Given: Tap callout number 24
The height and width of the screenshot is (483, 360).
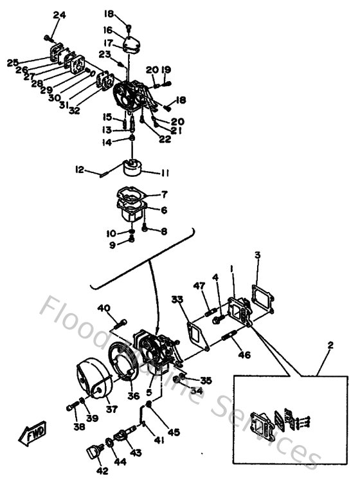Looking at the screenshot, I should tap(60, 15).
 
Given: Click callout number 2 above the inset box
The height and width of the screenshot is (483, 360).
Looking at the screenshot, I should tap(330, 345).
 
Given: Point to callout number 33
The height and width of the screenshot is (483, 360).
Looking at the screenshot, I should tap(177, 298).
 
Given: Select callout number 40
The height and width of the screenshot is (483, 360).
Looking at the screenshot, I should tap(104, 308).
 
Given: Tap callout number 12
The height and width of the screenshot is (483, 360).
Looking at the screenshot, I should tap(80, 170).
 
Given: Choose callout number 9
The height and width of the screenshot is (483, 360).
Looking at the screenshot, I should tap(113, 244).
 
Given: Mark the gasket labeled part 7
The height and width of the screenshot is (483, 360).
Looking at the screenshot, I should tap(132, 193).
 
